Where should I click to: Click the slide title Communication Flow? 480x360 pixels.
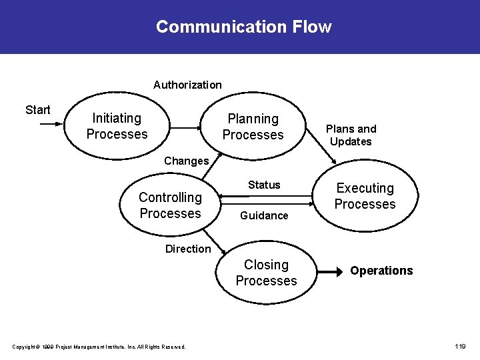pos(243,27)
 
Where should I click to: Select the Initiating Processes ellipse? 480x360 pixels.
pos(117,126)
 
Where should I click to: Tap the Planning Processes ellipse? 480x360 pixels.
pos(253,127)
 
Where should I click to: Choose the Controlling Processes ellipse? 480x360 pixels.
pos(170,205)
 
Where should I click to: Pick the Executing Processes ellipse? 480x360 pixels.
pos(365,197)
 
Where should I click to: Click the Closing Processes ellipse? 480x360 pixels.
pos(266,273)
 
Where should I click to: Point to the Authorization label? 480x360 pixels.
pos(187,85)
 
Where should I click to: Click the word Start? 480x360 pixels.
pos(37,110)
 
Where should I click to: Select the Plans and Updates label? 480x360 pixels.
pos(351,135)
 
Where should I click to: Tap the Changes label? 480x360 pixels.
pos(186,161)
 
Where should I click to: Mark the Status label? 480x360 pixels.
pos(264,185)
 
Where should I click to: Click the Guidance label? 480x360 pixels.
pos(264,215)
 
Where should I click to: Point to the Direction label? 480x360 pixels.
pos(188,249)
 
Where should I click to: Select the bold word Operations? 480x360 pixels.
pos(381,271)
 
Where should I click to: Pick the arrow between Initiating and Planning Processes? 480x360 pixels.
pos(187,126)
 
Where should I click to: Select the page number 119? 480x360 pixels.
pos(460,346)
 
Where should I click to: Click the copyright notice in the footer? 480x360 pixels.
pos(99,346)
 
